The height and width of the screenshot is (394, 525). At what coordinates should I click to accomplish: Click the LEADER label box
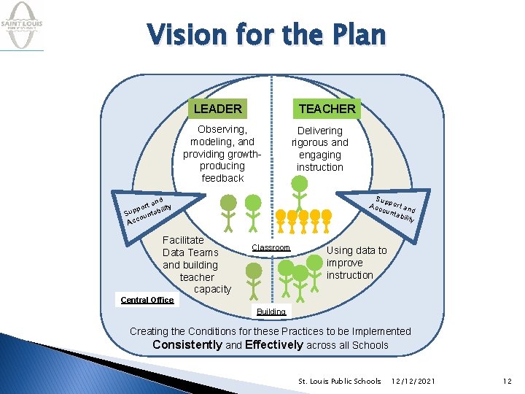tap(217, 109)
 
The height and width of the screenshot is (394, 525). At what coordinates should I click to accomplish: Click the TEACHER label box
tap(327, 109)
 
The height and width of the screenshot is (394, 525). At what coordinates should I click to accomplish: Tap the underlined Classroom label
tap(271, 248)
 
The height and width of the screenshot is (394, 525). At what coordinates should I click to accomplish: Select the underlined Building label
tap(271, 312)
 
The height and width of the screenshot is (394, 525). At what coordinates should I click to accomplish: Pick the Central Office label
tap(147, 300)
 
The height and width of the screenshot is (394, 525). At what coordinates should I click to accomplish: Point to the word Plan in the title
tap(359, 34)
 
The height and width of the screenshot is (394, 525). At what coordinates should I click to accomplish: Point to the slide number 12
tap(507, 381)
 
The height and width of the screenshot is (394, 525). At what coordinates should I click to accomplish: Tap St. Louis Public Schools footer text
tap(340, 381)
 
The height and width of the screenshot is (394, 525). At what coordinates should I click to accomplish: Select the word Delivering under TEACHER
tap(319, 131)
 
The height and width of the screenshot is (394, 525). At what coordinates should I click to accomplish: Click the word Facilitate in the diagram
tap(183, 240)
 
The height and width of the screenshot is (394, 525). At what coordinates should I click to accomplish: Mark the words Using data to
tap(357, 250)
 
